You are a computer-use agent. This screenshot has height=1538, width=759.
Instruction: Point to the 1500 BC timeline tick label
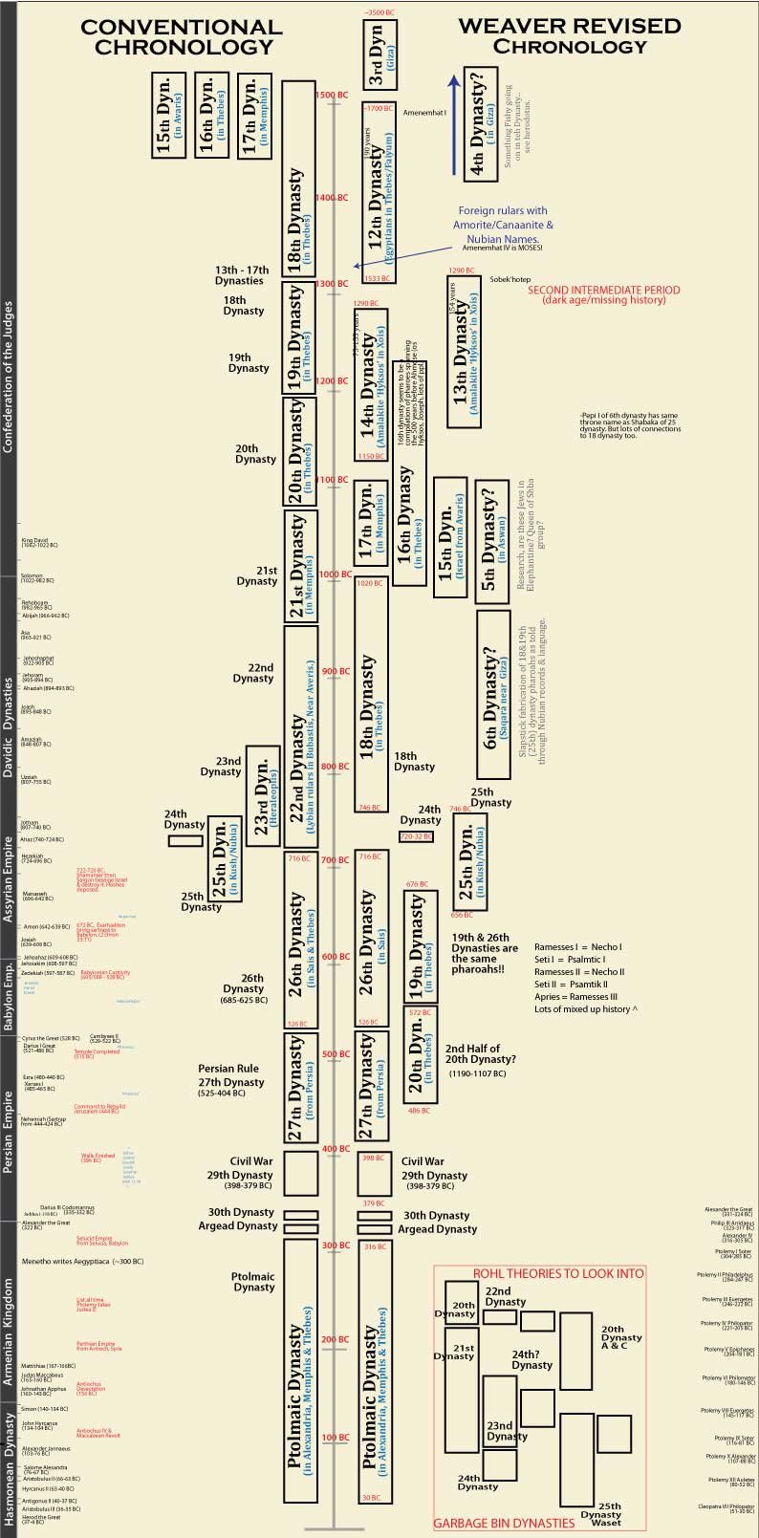(x=331, y=95)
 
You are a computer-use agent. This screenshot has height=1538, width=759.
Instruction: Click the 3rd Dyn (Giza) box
(x=378, y=55)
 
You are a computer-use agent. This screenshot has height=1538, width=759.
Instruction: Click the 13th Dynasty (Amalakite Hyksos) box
(x=468, y=351)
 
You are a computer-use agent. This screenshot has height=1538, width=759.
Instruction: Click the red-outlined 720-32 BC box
(x=416, y=836)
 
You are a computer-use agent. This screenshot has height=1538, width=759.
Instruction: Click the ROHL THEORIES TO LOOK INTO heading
(x=559, y=1273)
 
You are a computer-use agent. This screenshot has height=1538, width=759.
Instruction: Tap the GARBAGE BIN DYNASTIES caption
(x=504, y=1522)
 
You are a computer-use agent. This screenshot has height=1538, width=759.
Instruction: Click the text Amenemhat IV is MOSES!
(x=502, y=248)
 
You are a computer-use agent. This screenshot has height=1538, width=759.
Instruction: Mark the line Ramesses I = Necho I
(x=577, y=946)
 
